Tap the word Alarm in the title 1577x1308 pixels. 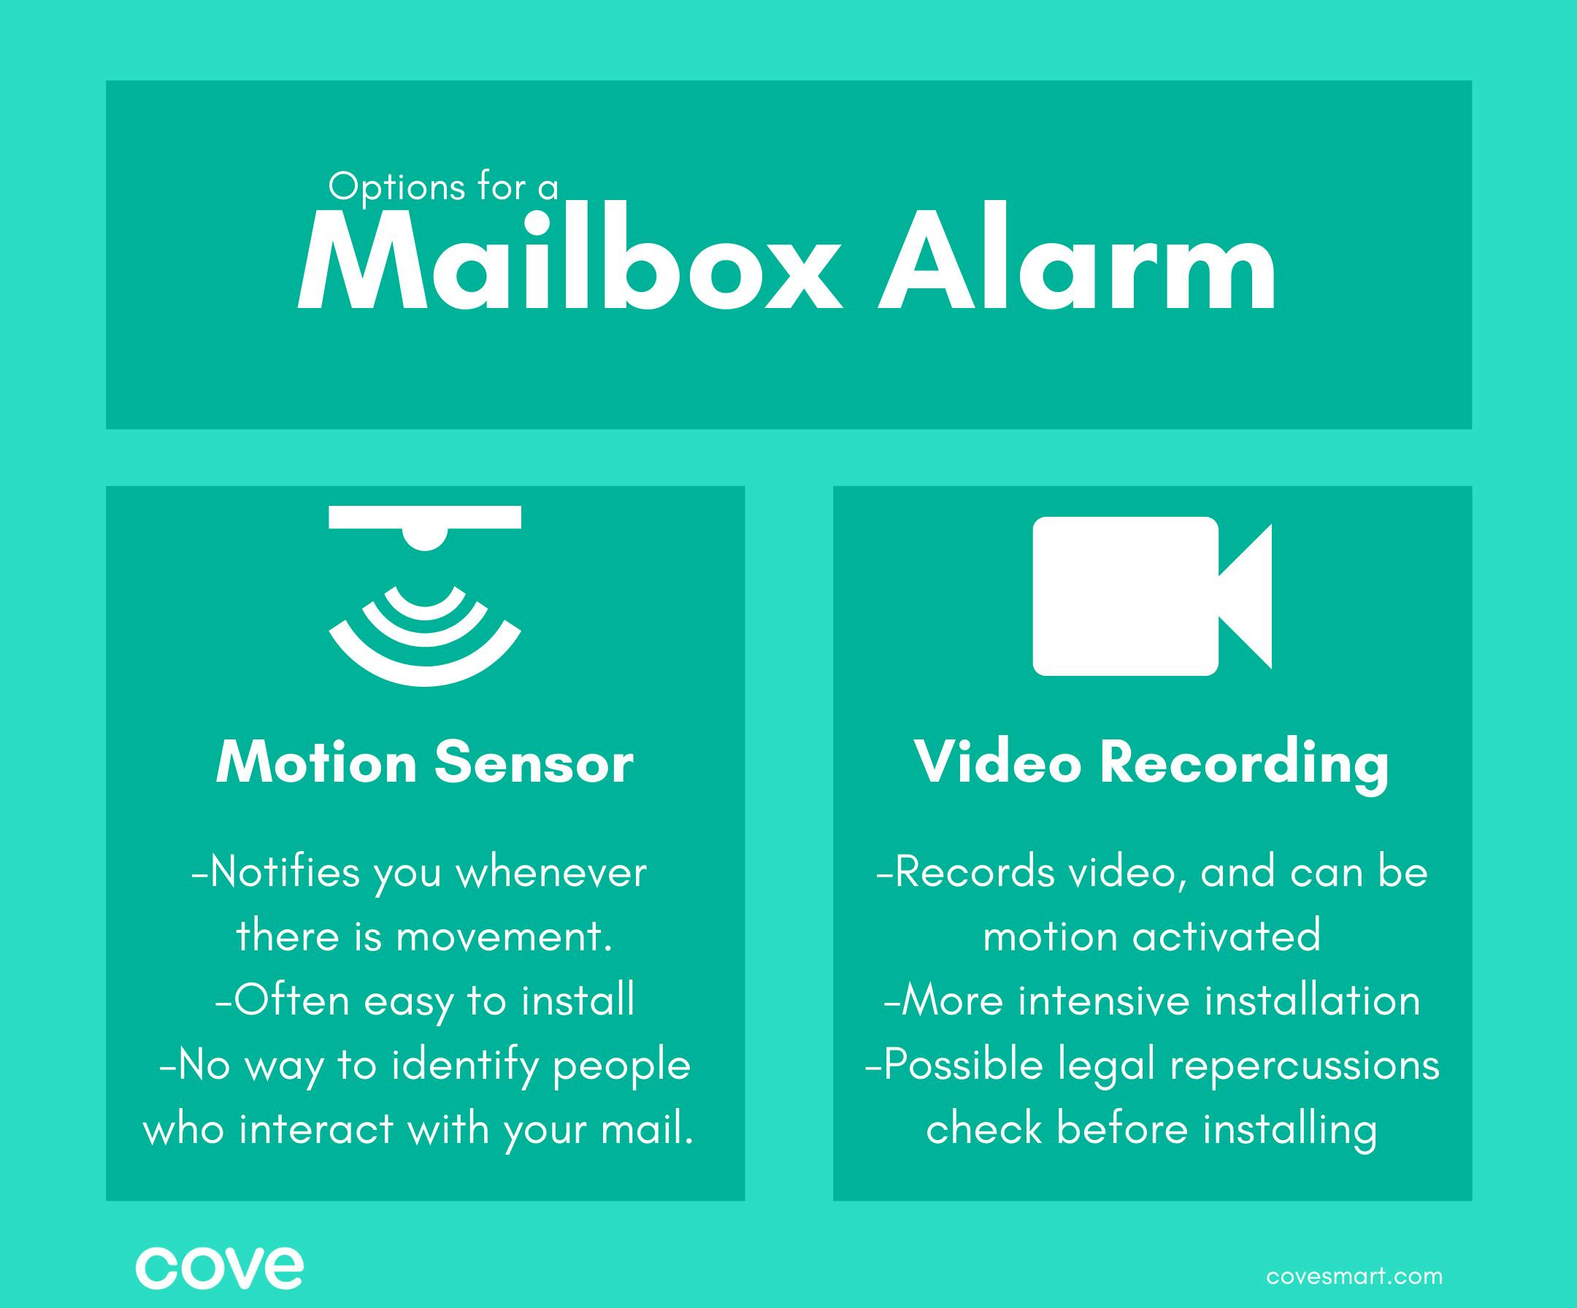coord(1077,255)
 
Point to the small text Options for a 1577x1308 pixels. coord(444,188)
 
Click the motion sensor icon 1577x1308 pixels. coord(425,596)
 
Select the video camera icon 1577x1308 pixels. coord(1152,596)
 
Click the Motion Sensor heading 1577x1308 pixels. coord(425,763)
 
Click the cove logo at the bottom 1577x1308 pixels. coord(219,1268)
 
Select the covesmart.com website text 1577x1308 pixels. coord(1354,1277)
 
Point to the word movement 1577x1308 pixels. coord(503,937)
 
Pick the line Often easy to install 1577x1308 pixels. coord(425,1001)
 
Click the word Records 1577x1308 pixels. coord(974,872)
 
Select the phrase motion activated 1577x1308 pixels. coord(1152,936)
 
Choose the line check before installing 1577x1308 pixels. coord(1152,1129)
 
